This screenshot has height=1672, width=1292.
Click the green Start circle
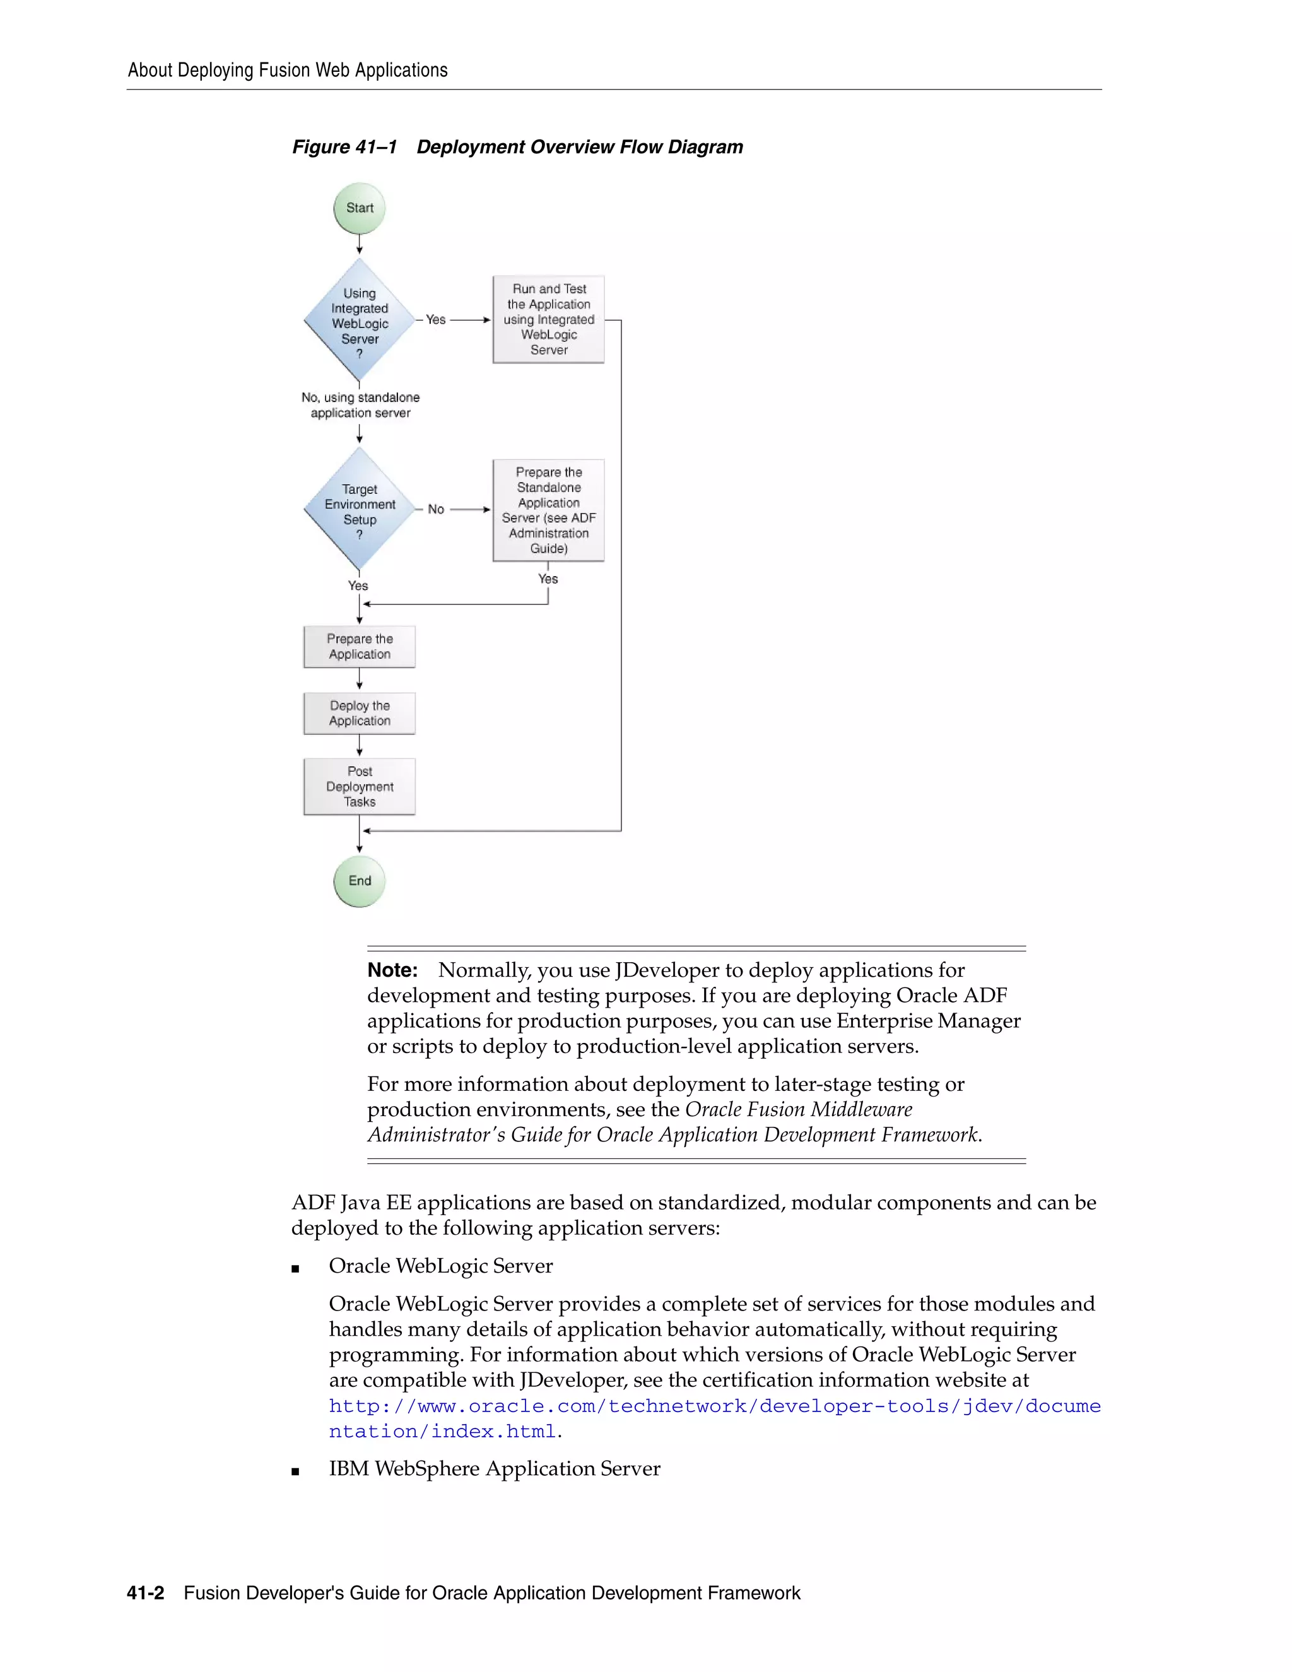click(x=359, y=208)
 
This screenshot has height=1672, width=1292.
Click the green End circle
click(x=359, y=881)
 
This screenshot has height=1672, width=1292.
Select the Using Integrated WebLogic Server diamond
click(x=359, y=320)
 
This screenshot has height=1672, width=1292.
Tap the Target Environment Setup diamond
click(x=359, y=509)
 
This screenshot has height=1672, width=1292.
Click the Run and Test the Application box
click(x=548, y=319)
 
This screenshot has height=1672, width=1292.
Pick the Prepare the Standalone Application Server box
click(x=548, y=510)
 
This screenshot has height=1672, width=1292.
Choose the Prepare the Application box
click(x=359, y=646)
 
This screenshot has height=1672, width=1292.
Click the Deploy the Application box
click(x=359, y=713)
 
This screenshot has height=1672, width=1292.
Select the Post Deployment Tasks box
click(x=359, y=786)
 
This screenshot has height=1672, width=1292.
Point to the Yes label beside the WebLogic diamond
click(x=435, y=319)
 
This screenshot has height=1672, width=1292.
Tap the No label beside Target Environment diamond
click(x=435, y=509)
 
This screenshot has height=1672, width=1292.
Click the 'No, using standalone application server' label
click(x=360, y=405)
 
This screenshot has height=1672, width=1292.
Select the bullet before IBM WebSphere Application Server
click(x=295, y=1471)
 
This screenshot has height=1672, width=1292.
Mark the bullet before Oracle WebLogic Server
click(x=295, y=1268)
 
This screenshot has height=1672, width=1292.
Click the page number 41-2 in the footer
click(x=146, y=1593)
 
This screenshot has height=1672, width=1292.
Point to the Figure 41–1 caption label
click(x=344, y=147)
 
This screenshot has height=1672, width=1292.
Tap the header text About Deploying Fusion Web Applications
click(x=287, y=71)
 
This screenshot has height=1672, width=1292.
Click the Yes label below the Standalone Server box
click(x=548, y=579)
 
